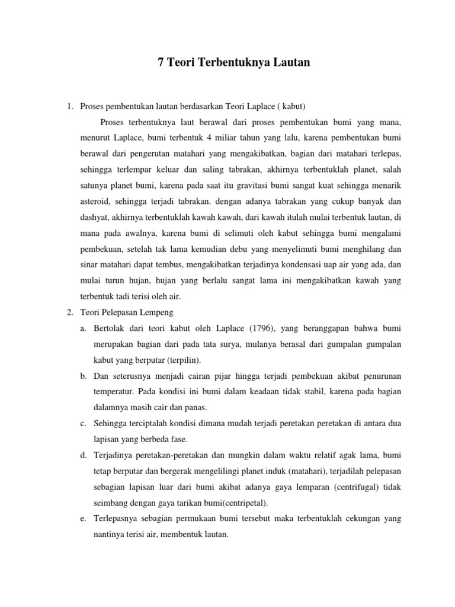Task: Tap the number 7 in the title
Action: tap(161, 62)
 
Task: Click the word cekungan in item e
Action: tap(357, 518)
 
